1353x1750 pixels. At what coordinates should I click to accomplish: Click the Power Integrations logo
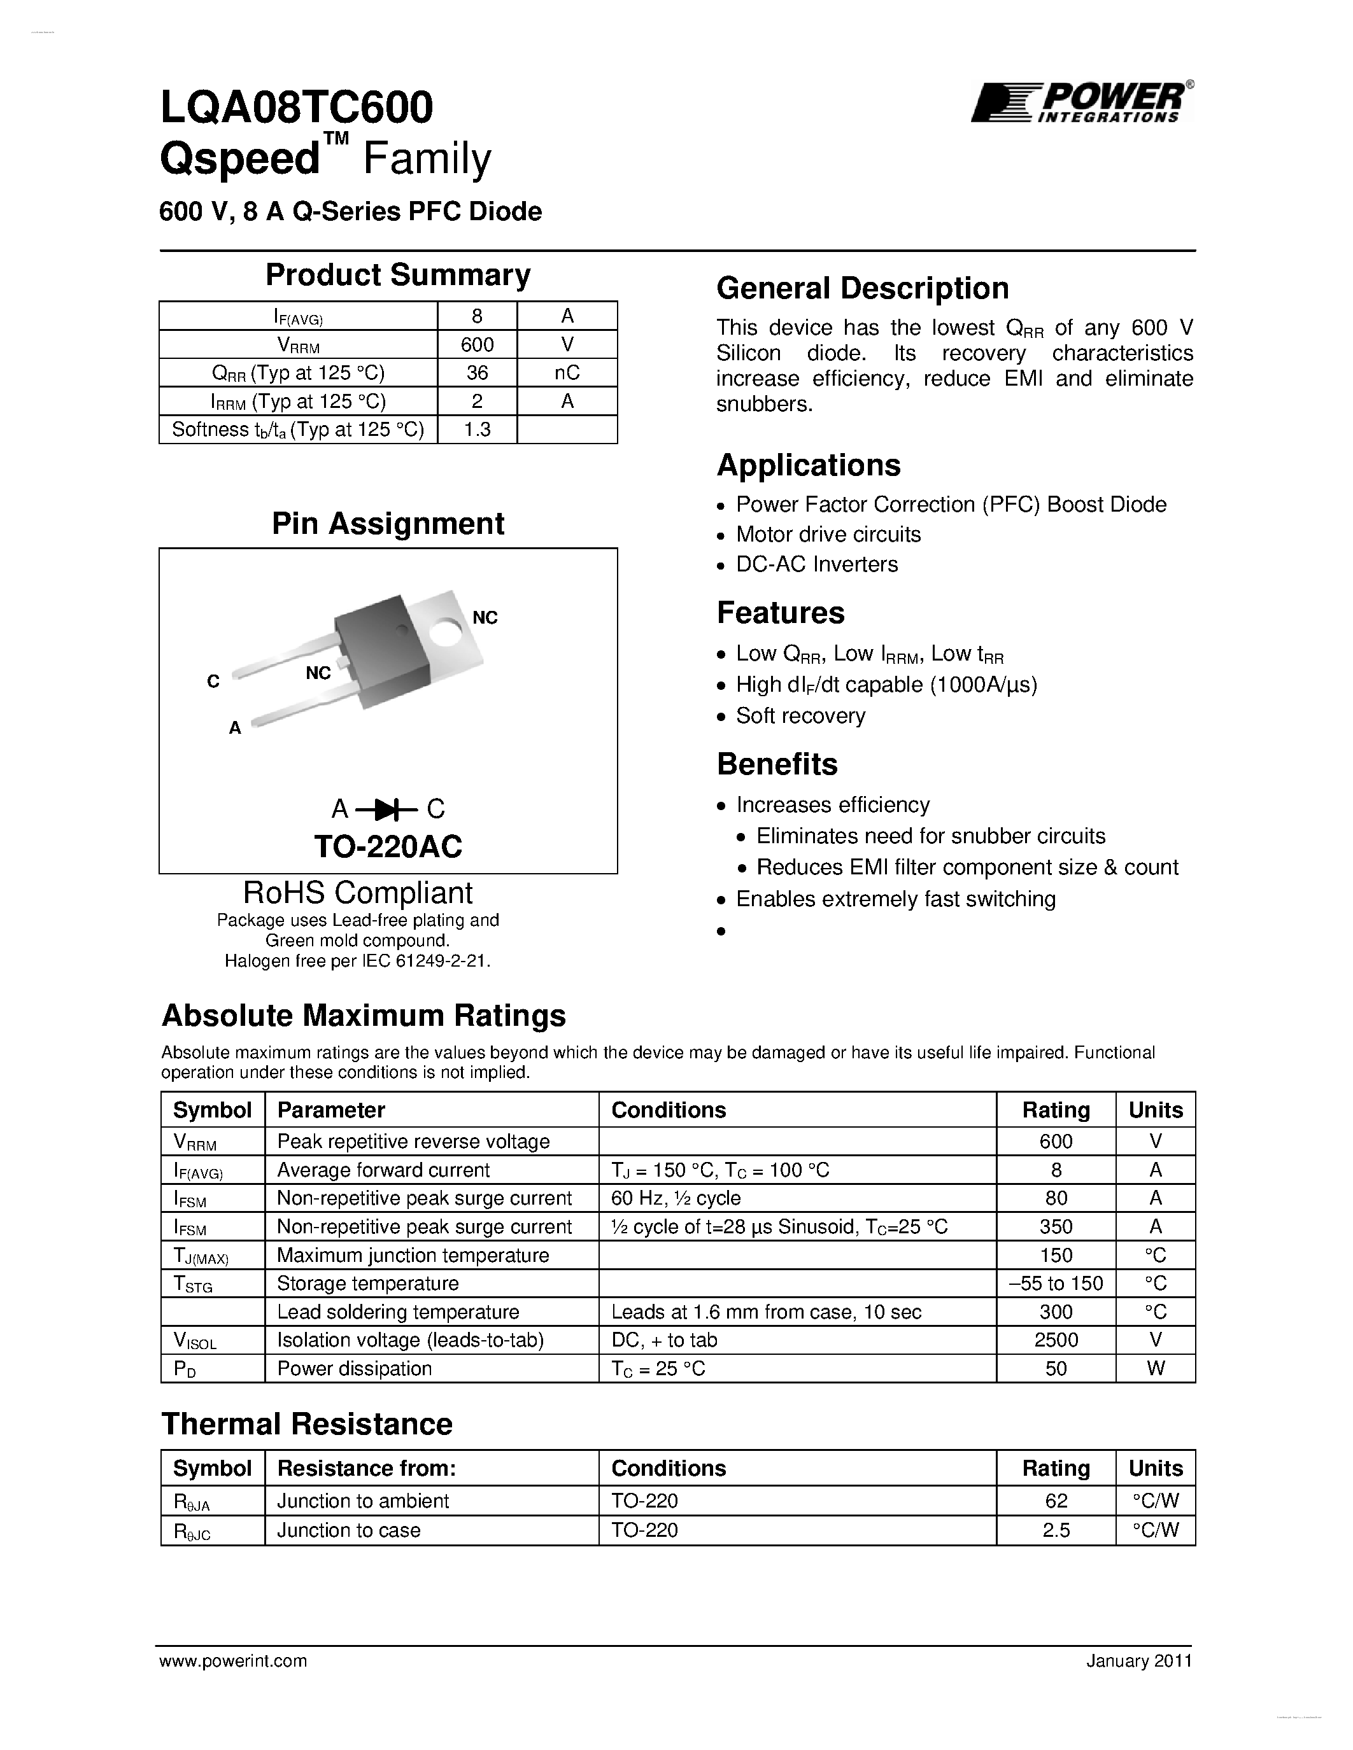click(x=1081, y=102)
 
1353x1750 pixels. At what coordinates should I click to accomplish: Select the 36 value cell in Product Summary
click(x=477, y=373)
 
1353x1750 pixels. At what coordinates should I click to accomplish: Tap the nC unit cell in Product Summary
click(x=567, y=373)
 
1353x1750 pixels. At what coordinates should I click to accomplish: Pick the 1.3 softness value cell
click(x=477, y=430)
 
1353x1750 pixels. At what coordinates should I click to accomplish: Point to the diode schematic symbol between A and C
click(x=388, y=809)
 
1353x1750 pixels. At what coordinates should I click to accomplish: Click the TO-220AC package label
click(x=388, y=846)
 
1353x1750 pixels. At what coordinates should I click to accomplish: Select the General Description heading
click(x=863, y=288)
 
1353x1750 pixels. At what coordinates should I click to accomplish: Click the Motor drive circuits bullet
click(x=828, y=535)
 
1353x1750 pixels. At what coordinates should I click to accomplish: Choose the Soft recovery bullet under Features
click(x=800, y=715)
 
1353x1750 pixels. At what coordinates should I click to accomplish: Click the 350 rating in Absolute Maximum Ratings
click(x=1056, y=1227)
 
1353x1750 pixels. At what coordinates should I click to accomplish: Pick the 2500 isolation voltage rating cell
click(x=1056, y=1340)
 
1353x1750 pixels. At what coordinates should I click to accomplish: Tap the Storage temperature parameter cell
click(x=368, y=1284)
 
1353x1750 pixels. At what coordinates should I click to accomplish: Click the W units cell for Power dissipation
click(x=1155, y=1369)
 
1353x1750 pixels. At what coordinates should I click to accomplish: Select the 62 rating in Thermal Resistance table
click(x=1056, y=1501)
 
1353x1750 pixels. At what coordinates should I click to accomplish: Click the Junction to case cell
click(x=349, y=1530)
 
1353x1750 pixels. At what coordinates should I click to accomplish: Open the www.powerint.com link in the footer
click(x=233, y=1661)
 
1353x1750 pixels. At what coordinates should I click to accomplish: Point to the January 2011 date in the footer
click(x=1139, y=1661)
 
